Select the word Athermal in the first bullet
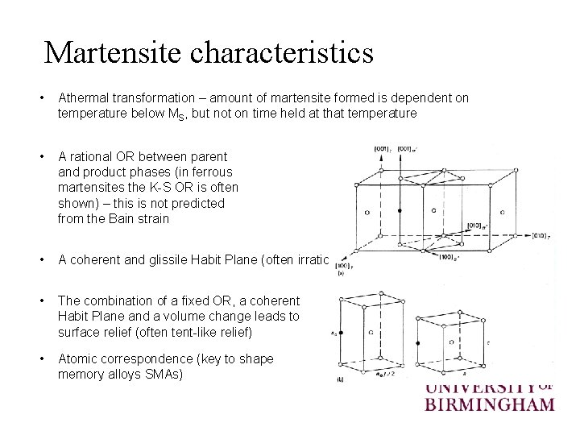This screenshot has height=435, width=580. [x=84, y=98]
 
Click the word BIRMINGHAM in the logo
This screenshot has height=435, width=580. [x=489, y=403]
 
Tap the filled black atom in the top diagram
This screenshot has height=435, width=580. [x=399, y=210]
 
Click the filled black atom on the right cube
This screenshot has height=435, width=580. [x=417, y=342]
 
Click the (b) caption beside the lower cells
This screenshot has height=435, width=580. [x=340, y=379]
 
